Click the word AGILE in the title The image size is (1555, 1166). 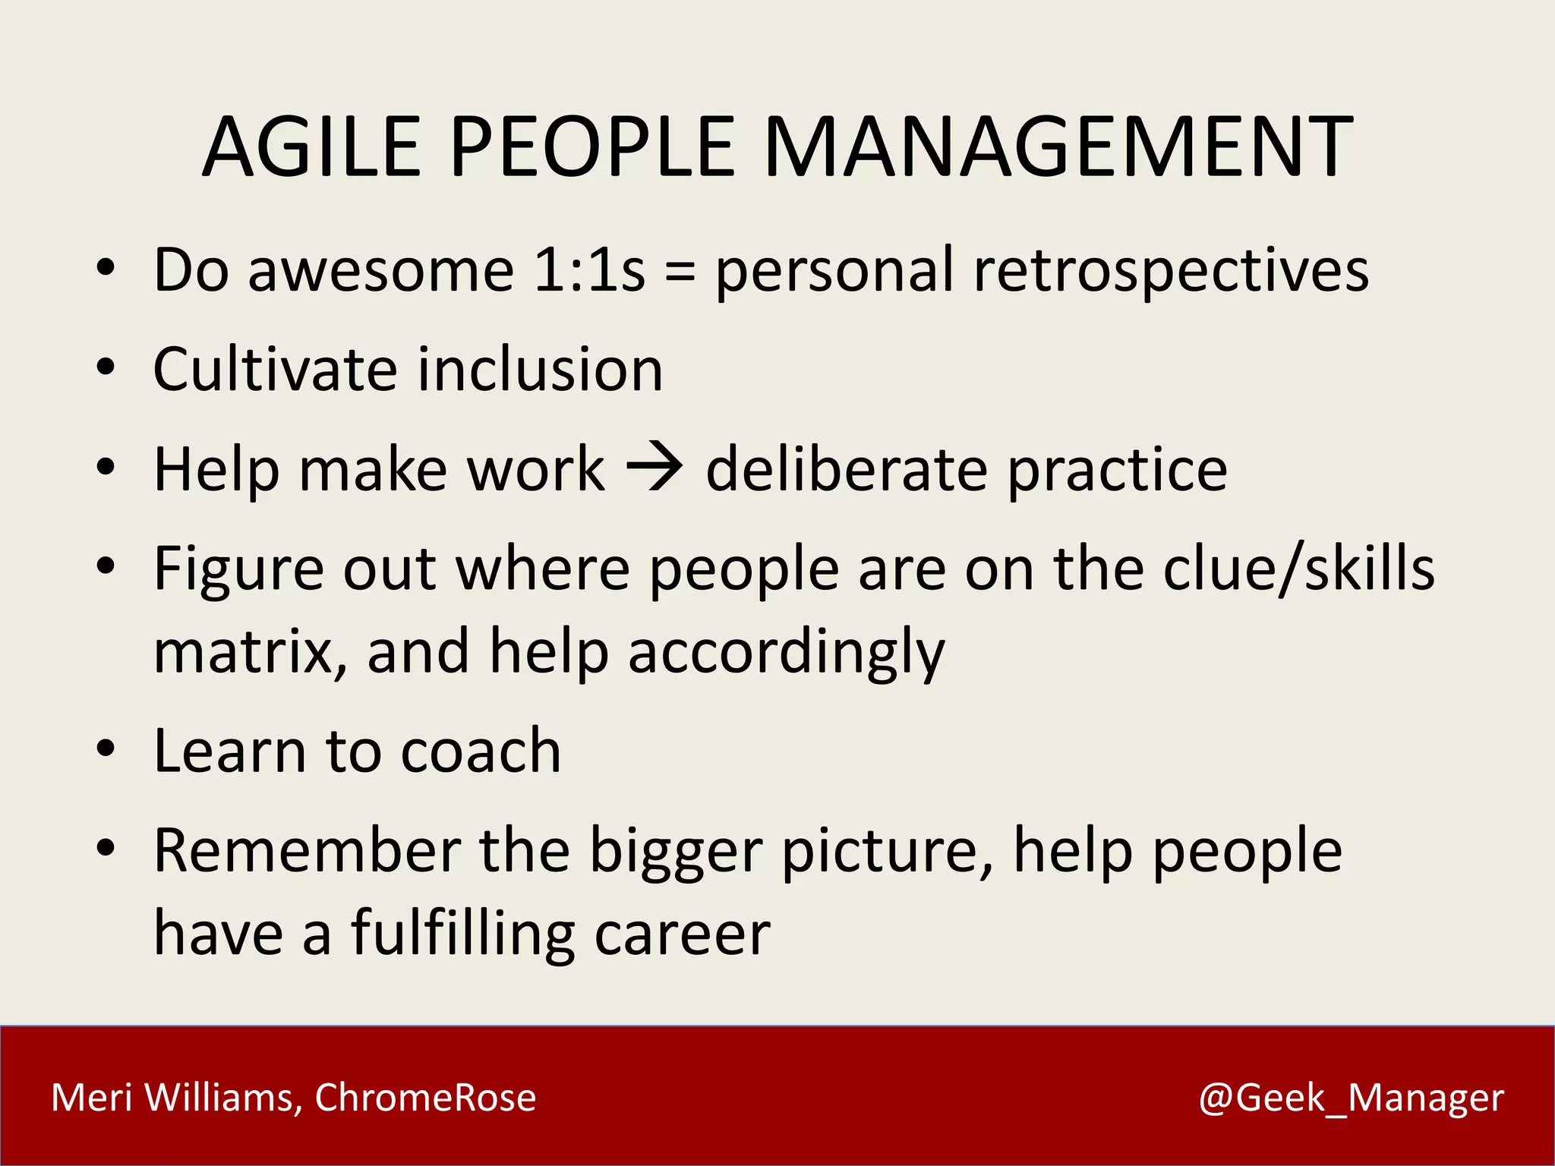tap(311, 147)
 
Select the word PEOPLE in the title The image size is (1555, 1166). tap(592, 147)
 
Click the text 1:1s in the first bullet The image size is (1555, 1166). tap(589, 270)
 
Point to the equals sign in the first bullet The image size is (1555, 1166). tap(680, 272)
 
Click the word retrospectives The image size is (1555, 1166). tap(1171, 272)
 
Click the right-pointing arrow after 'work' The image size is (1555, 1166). tap(654, 468)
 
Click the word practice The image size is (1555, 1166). tap(1117, 471)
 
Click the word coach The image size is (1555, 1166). tap(481, 751)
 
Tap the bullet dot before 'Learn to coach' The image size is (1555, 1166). tap(106, 748)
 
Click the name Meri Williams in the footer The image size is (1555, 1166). tap(172, 1098)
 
